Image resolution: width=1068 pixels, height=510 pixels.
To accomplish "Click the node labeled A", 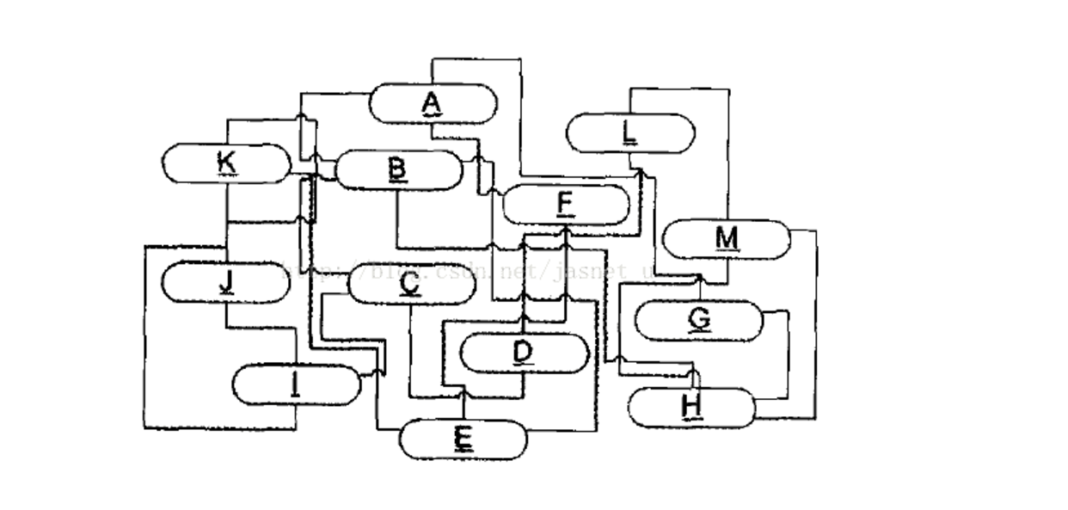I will coord(433,104).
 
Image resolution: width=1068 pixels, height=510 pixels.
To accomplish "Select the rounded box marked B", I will coord(398,169).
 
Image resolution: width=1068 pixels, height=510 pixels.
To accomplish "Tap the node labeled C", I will coord(410,284).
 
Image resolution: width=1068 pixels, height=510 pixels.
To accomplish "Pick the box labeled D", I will coord(524,353).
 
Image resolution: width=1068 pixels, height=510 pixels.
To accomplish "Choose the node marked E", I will coord(463,439).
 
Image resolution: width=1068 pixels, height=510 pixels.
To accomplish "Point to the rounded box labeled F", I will coord(565,204).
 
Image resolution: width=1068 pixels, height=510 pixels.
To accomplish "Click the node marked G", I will coord(699,320).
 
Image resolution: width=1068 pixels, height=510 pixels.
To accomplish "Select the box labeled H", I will coord(692,407).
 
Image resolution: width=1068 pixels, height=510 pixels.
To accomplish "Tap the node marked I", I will coord(297,384).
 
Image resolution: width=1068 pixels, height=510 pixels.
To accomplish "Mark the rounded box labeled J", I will coord(224,281).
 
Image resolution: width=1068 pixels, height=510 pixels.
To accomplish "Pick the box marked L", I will coord(630,133).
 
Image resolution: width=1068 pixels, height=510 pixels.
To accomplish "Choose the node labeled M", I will coord(727,238).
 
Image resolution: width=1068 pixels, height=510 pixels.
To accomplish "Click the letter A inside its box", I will coord(432,103).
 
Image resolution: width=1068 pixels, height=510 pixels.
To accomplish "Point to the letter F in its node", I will coord(565,204).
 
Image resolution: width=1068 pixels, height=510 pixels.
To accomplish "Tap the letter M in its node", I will coord(727,237).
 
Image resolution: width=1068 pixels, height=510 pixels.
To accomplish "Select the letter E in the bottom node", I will coord(463,439).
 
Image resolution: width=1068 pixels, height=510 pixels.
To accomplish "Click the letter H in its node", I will coord(692,406).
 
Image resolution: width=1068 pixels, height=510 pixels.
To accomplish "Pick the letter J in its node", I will coord(225,280).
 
